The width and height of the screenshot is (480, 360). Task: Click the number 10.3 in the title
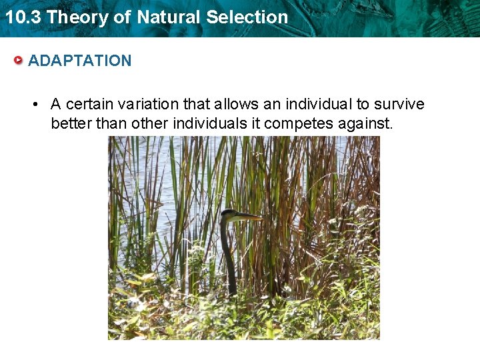coord(23,17)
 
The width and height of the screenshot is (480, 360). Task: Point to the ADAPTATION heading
coord(80,61)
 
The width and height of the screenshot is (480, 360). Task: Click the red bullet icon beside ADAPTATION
coord(19,61)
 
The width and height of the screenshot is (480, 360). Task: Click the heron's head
coord(230,215)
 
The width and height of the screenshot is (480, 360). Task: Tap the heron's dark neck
coord(229,257)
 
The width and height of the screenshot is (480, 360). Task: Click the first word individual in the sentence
coord(319,104)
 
